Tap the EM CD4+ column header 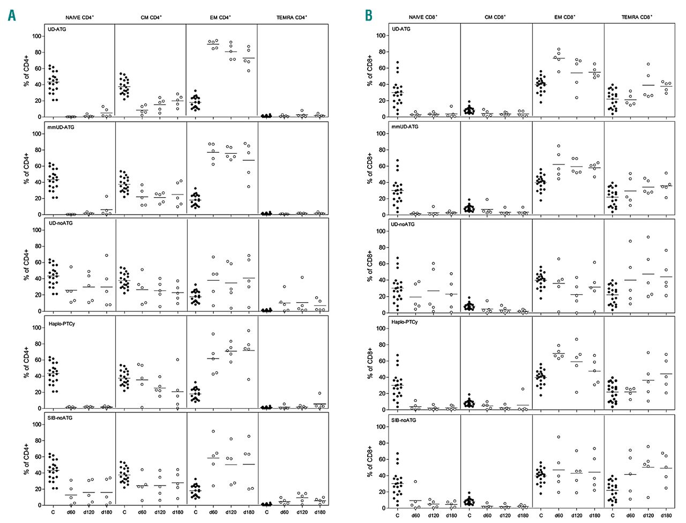point(220,18)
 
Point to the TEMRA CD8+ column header point(637,17)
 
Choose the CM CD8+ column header point(495,17)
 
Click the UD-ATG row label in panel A point(56,29)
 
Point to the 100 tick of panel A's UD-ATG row point(36,36)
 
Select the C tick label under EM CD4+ point(196,512)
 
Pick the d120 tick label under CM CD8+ point(505,515)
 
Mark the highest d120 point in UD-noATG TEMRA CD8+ point(648,237)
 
